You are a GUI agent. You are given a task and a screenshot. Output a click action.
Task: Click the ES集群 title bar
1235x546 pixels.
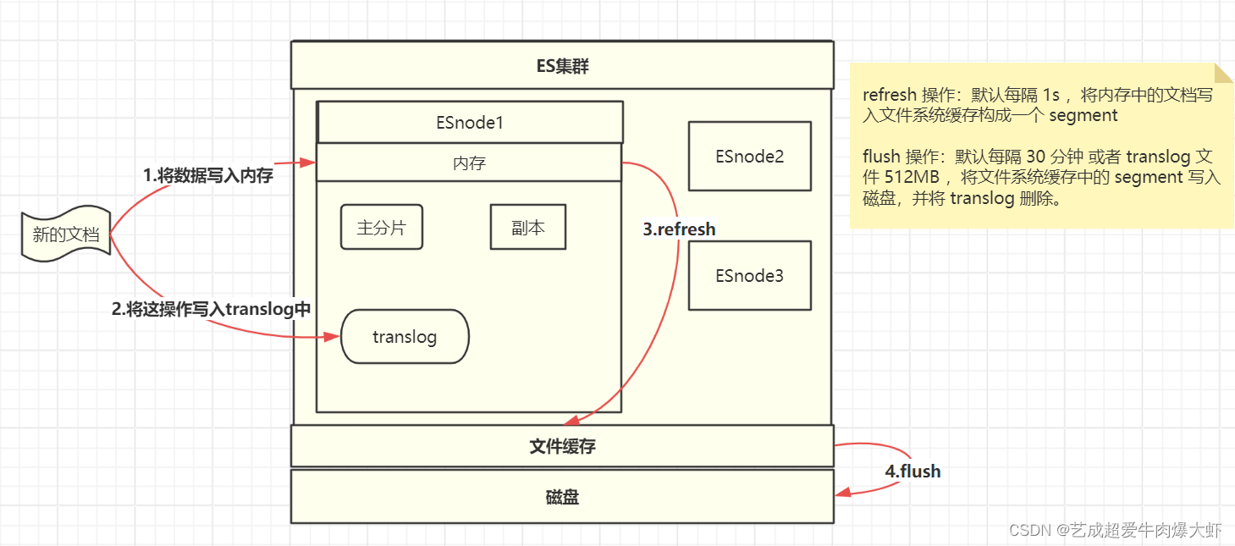(x=562, y=65)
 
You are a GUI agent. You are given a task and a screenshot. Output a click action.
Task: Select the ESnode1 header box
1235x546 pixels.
(x=470, y=123)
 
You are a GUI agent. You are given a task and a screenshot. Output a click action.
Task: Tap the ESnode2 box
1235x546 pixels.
(x=749, y=156)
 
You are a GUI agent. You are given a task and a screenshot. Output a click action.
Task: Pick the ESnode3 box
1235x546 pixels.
(x=749, y=275)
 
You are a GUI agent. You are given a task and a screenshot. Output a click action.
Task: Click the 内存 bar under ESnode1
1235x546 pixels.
(x=469, y=163)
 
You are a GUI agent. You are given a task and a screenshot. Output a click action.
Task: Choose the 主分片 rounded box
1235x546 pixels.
(x=381, y=227)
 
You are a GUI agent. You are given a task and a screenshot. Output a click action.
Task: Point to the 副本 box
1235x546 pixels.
(x=527, y=227)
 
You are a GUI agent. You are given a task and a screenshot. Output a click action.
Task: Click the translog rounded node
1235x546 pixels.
(x=405, y=337)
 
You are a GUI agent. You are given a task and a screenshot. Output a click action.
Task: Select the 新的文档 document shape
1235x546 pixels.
(x=65, y=234)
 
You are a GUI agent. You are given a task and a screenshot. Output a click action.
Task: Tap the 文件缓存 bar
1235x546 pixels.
(x=562, y=446)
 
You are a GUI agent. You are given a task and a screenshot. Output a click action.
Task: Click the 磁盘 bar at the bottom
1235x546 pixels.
(x=562, y=497)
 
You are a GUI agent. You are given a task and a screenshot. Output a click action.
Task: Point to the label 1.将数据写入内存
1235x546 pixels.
(x=207, y=176)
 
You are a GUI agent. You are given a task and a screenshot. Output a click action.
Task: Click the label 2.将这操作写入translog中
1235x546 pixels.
(x=212, y=310)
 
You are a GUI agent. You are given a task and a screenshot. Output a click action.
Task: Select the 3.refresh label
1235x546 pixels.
(x=679, y=229)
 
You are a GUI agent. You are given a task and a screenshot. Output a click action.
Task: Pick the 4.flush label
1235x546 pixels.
(x=912, y=471)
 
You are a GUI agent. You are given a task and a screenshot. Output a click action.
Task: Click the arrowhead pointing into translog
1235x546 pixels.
(x=334, y=337)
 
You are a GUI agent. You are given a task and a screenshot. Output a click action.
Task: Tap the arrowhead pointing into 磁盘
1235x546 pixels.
(x=841, y=494)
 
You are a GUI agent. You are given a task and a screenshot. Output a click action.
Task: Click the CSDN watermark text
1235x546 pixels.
(x=1116, y=531)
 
